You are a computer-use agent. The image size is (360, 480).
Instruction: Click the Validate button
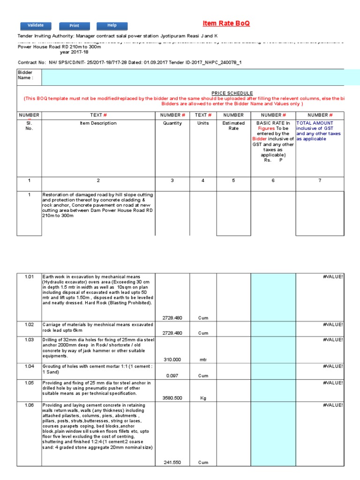pos(36,25)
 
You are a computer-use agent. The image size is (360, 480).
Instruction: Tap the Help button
pos(112,26)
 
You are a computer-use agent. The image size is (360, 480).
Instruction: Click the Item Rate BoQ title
pos(226,23)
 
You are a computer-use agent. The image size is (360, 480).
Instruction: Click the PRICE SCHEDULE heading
pos(232,93)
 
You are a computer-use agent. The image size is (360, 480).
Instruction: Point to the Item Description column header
pos(98,123)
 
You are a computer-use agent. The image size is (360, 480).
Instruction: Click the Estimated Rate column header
pos(233,126)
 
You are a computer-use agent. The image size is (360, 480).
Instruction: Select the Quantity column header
pos(172,123)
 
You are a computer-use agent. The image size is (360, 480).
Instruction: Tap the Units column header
pos(203,123)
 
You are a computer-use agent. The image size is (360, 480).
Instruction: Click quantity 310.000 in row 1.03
pos(172,360)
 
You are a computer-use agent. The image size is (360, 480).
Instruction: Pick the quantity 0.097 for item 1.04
pos(172,375)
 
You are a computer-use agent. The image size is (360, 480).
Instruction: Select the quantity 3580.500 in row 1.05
pos(172,398)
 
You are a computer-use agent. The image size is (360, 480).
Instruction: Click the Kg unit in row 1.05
pos(203,398)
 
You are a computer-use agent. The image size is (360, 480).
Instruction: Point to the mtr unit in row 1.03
pos(203,360)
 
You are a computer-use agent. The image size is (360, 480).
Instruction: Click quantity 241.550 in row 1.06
pos(172,462)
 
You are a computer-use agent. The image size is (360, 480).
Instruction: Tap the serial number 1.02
pos(30,324)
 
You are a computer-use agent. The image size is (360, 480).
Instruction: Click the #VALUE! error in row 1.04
pos(333,366)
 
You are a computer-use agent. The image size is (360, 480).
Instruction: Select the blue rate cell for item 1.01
pos(273,297)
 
